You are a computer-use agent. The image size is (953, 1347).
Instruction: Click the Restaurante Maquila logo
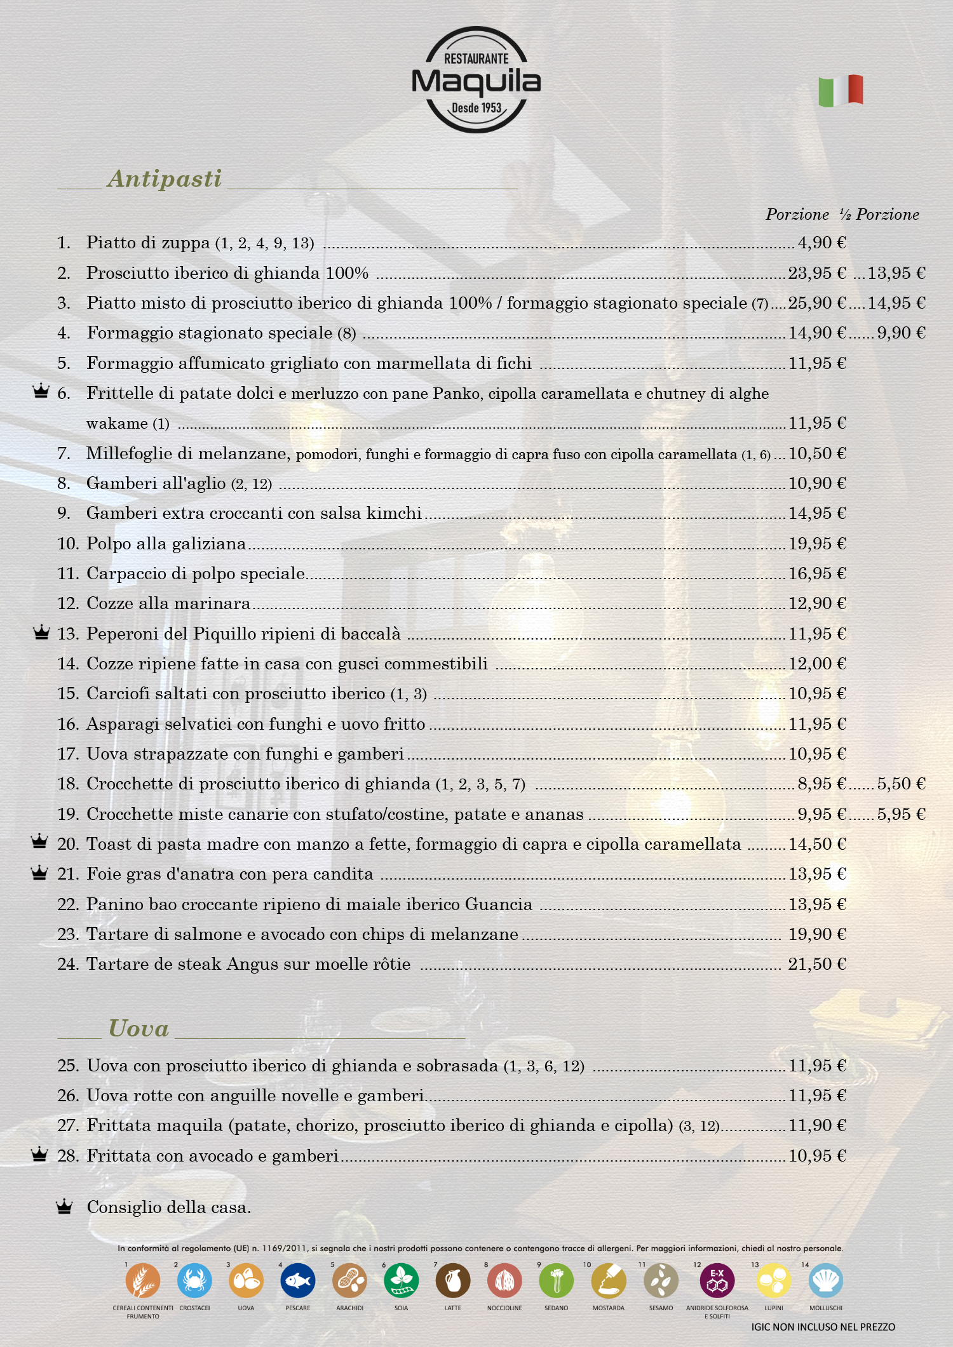pos(476,80)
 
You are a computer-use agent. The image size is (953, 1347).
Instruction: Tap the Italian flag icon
pos(841,90)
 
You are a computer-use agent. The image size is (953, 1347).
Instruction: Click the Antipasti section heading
pos(165,178)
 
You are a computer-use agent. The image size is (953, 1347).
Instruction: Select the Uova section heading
pos(139,1028)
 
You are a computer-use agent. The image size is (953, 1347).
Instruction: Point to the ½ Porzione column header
pos(879,215)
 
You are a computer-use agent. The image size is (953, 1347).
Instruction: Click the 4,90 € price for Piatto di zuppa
pos(821,243)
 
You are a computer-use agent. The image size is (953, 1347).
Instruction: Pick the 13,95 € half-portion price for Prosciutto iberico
pos(896,273)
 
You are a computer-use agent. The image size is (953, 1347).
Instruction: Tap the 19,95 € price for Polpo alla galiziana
pos(817,544)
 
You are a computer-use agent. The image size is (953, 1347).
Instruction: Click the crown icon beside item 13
pos(41,633)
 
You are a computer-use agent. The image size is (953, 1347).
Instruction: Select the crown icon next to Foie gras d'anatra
pos(39,873)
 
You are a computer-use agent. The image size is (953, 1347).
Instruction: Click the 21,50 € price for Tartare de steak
pos(817,964)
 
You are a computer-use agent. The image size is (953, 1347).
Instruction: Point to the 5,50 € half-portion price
pos(901,784)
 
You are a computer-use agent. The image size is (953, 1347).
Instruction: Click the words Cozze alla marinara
pos(168,603)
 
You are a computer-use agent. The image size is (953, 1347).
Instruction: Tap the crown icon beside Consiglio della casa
pos(64,1207)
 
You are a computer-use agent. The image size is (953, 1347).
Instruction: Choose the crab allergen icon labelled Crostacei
pos(194,1280)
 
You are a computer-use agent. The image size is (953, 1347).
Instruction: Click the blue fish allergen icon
pos(298,1280)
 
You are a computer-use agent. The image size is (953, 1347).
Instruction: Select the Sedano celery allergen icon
pos(556,1280)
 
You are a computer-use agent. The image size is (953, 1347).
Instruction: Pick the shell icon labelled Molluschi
pos(826,1280)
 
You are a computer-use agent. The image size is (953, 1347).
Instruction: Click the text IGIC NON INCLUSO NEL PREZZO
pos(823,1327)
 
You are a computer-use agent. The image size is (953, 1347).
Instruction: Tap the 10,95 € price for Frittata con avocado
pos(817,1156)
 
